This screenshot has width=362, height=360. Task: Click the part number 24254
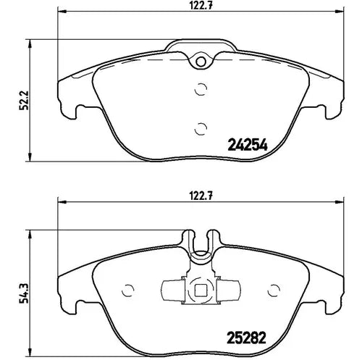tap(248, 144)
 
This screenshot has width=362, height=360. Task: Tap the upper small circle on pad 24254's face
tap(200, 91)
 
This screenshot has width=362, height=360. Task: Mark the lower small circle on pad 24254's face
tap(200, 127)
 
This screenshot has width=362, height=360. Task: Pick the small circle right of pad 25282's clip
tap(273, 291)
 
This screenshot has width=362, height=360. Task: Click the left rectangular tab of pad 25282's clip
tap(174, 291)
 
